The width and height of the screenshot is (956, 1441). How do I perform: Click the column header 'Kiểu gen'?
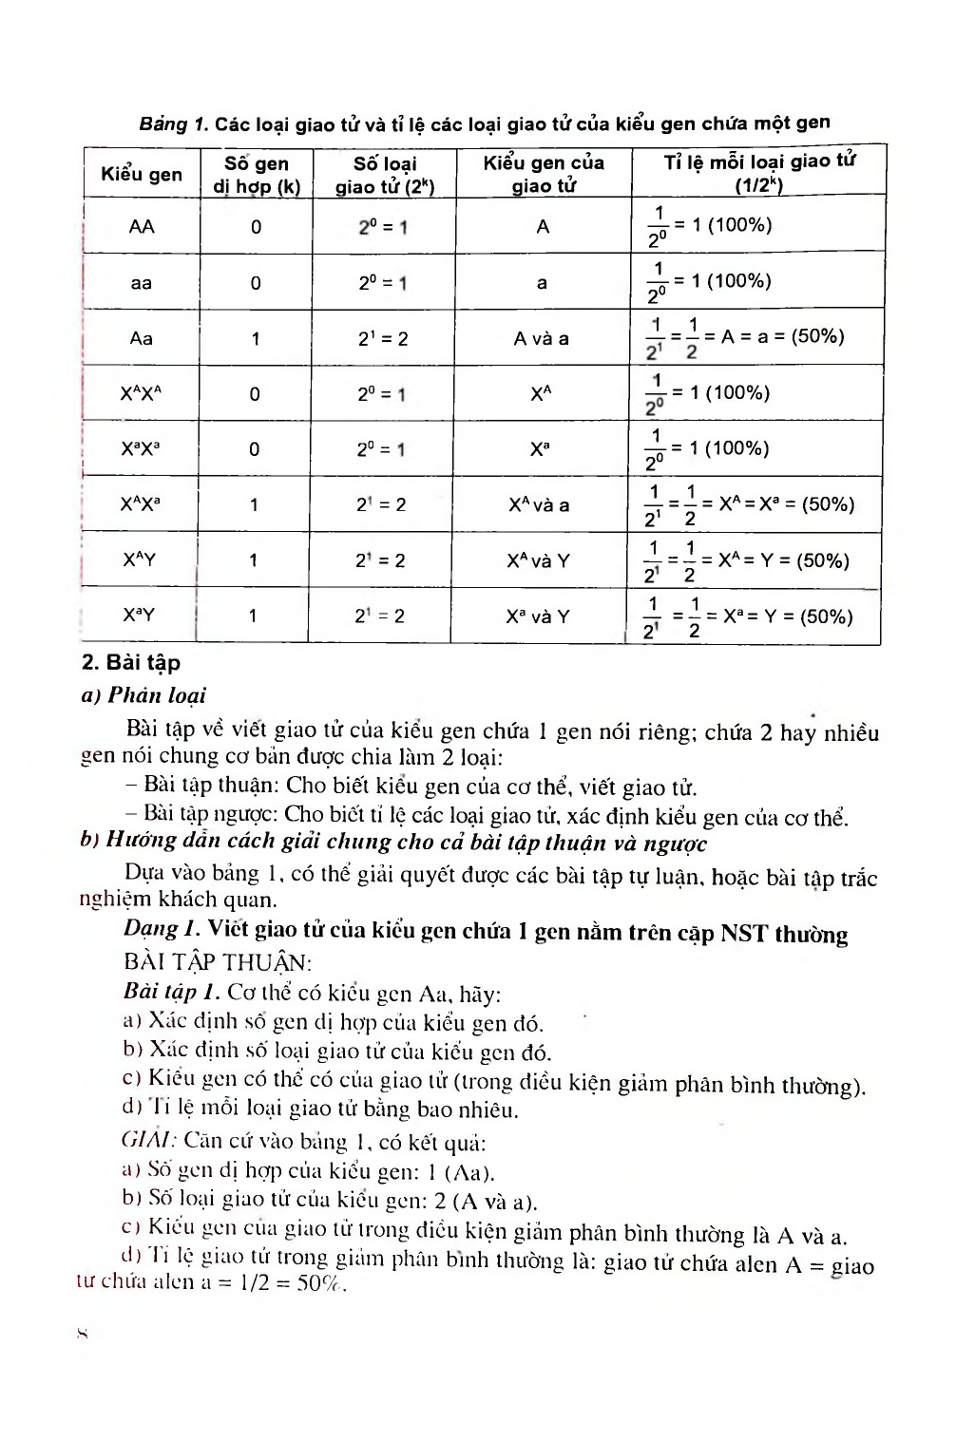142,174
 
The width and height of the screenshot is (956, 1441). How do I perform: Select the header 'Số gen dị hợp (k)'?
257,175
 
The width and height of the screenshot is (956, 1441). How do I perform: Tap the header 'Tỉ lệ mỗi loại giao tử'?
758,172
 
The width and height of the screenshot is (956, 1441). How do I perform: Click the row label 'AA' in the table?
142,226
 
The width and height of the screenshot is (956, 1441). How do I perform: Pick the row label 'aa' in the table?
142,282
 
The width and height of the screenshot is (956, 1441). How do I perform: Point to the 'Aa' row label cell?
142,338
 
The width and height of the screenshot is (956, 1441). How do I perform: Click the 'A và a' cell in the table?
542,338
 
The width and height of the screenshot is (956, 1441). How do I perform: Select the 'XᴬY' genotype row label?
140,559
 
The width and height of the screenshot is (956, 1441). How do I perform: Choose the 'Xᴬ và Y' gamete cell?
538,560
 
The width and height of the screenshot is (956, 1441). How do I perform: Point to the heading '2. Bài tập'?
131,662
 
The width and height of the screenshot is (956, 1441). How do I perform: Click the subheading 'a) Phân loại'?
143,695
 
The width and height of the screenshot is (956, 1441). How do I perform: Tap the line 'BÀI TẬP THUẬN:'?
218,962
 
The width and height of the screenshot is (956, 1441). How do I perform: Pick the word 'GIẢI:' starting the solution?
148,1140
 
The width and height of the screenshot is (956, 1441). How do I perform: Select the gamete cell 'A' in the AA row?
543,226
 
